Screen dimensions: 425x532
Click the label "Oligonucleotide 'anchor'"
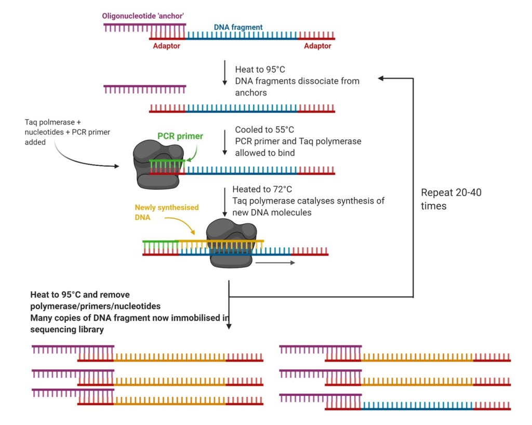(144, 16)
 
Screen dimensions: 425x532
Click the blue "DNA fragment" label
(238, 27)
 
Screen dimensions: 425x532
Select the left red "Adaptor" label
(166, 46)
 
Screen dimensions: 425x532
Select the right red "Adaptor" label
(317, 46)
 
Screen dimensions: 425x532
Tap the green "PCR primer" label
(180, 136)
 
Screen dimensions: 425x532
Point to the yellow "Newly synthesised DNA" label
(166, 212)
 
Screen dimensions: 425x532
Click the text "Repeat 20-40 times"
(451, 199)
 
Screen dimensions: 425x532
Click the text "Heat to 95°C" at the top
(260, 70)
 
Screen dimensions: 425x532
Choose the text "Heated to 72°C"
(265, 190)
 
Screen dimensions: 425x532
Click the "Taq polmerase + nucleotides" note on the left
(67, 132)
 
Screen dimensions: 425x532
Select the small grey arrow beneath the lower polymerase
(275, 263)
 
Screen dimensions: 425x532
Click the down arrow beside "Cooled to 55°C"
(224, 142)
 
